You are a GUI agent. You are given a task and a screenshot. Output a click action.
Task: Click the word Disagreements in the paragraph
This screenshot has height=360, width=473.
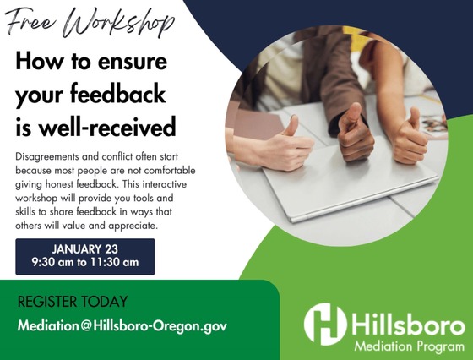[x=50, y=158]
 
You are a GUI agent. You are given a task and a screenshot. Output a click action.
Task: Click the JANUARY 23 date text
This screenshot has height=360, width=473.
[x=85, y=249]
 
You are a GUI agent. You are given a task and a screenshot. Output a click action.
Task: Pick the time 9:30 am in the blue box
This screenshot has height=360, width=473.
[x=53, y=263]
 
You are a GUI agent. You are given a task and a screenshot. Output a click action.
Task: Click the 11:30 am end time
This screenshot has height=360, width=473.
[x=118, y=263]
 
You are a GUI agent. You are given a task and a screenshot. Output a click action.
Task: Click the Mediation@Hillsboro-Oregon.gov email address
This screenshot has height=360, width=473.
[x=123, y=325]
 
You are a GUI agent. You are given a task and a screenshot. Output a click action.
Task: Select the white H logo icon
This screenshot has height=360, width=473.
[x=325, y=323]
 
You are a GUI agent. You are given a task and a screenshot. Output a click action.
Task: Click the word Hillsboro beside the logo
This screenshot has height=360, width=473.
[x=406, y=324]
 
